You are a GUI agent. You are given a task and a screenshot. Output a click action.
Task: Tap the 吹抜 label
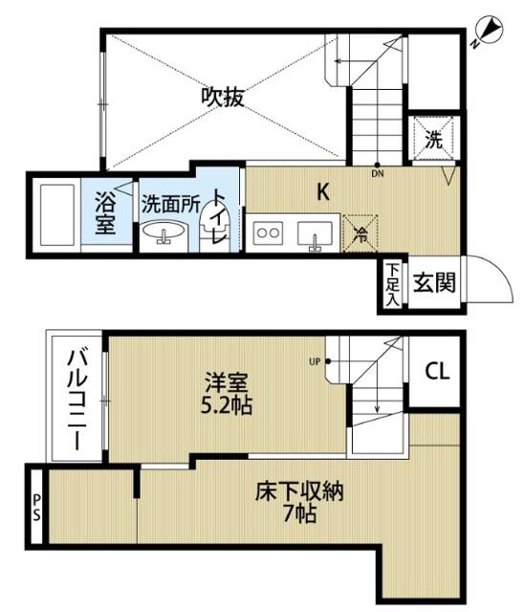coord(223,98)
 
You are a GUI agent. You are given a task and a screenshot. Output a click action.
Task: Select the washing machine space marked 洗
coord(433,138)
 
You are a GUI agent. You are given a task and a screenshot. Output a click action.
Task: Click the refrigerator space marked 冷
coord(360,233)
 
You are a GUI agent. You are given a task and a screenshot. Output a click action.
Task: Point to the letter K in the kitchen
coord(323,191)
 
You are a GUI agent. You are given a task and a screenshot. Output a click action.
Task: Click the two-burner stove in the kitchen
coord(268,233)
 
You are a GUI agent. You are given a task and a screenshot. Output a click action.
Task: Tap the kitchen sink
coord(315,234)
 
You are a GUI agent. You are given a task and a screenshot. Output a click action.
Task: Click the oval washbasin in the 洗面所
coord(164,231)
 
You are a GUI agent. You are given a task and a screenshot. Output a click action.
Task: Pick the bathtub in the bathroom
coord(57,215)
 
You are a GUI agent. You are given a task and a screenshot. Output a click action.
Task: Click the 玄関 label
coord(434,282)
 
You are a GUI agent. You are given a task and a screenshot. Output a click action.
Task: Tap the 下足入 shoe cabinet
coord(393,285)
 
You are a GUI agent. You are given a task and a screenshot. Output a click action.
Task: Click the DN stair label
coord(378,174)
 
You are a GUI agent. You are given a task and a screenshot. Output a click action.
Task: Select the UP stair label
coord(315,361)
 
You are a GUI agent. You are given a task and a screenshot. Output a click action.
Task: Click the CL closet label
coord(437,371)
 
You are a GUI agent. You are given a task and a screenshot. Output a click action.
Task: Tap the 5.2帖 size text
coord(227,405)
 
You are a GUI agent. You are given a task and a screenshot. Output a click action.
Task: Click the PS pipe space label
coord(36,508)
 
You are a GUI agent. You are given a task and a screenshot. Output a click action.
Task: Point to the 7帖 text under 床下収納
coord(299,514)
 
